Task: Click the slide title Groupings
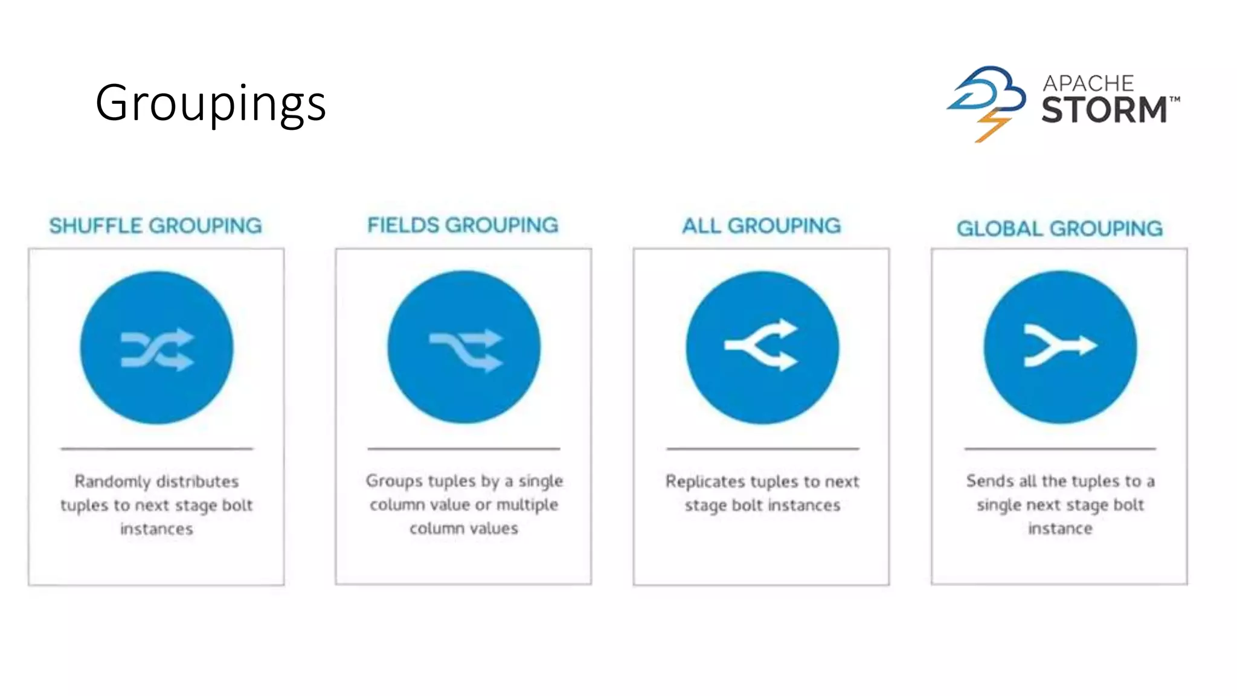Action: click(211, 103)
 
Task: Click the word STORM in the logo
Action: click(1104, 110)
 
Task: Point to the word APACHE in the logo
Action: click(1088, 83)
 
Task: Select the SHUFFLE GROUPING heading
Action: click(155, 226)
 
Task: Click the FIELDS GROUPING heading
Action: click(463, 225)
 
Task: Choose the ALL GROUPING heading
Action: click(761, 226)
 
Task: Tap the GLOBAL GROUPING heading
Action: click(1059, 228)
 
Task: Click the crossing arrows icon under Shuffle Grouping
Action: click(157, 349)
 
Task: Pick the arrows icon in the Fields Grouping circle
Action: click(465, 349)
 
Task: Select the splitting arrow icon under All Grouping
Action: click(762, 344)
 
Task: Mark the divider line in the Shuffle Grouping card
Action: click(156, 449)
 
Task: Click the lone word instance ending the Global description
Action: click(1060, 529)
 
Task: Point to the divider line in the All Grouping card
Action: click(762, 449)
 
